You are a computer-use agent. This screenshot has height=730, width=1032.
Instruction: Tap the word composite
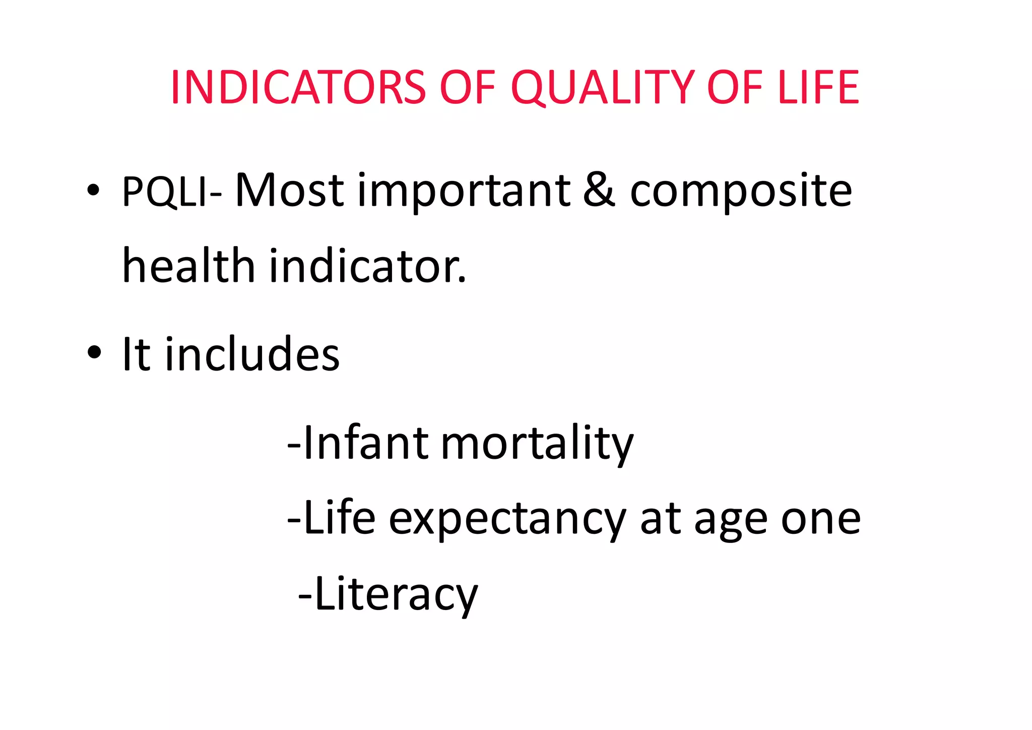pos(741,192)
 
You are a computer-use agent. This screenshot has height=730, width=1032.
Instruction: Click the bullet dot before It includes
pos(93,352)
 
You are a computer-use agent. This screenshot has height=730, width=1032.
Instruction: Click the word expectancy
pos(507,520)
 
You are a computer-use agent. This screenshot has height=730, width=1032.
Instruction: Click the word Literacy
pos(396,595)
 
